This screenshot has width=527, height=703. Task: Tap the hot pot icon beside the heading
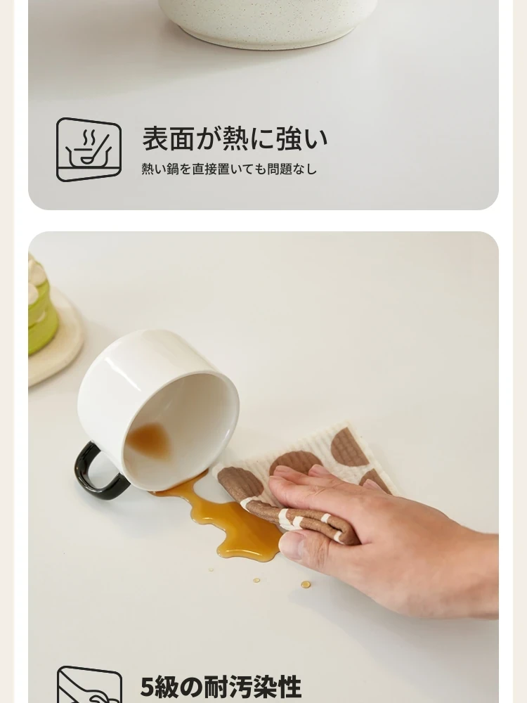(x=89, y=149)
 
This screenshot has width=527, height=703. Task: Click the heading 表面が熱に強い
(x=235, y=138)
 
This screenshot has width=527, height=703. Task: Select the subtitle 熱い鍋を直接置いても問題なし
(x=229, y=169)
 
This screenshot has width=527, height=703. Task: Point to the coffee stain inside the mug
(x=147, y=441)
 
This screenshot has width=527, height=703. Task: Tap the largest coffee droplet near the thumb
(x=306, y=584)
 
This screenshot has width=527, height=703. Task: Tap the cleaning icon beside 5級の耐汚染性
(x=89, y=685)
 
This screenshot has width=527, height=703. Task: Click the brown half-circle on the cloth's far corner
(x=349, y=447)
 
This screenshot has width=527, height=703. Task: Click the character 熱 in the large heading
(x=235, y=138)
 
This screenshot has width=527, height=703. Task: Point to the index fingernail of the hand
(x=283, y=472)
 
